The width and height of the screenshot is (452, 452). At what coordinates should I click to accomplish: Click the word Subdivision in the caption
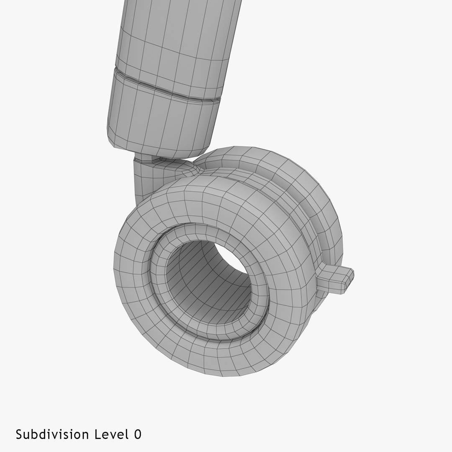52,434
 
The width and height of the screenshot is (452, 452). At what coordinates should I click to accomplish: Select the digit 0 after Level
138,434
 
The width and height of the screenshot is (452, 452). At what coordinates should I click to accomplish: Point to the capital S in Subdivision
19,434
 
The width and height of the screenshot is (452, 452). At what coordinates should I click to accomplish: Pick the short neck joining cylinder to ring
142,180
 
